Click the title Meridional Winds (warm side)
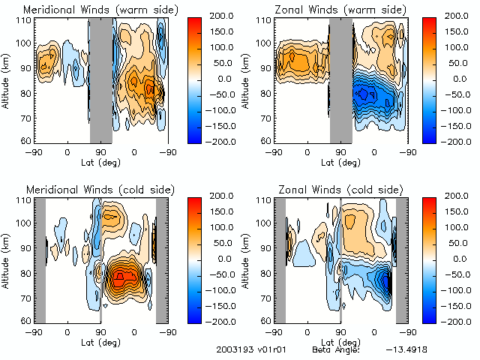tap(101, 9)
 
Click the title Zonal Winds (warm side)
tap(339, 9)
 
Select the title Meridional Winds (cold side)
tap(100, 189)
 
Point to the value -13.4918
tap(408, 349)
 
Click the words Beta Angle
tap(335, 349)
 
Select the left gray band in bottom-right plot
tap(280, 259)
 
